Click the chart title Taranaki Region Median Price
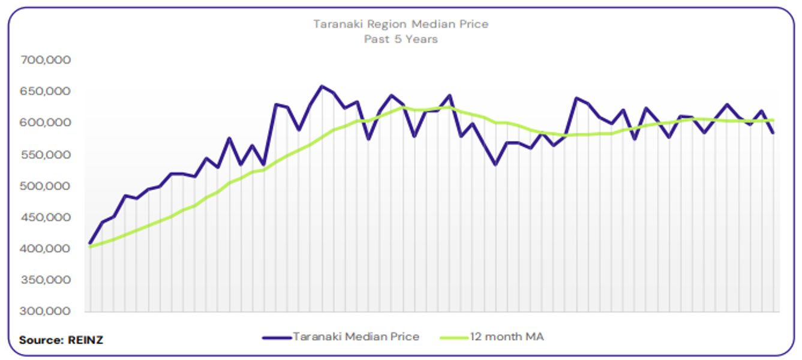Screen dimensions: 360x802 [401, 25]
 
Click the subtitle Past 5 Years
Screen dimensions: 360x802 [401, 40]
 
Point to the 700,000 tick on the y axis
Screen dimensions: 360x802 [46, 60]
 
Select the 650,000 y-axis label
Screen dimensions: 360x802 [46, 91]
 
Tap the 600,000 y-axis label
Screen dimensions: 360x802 [46, 122]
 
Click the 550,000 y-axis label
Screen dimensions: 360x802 [46, 154]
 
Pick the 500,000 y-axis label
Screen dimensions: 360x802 [46, 186]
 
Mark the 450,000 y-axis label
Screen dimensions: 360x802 [46, 217]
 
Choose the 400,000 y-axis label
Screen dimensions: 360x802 [46, 248]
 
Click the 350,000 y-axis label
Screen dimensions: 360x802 [46, 280]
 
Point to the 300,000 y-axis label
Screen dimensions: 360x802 [46, 311]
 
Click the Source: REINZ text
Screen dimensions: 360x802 [61, 340]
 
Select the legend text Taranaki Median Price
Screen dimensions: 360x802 [356, 337]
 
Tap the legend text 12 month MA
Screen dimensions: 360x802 [506, 337]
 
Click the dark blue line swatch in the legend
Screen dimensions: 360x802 [277, 337]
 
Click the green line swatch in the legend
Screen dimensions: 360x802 [453, 337]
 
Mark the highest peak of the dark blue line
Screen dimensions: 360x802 [322, 86]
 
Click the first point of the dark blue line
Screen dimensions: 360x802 [90, 244]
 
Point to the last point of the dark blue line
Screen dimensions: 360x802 [773, 133]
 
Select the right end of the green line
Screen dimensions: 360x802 [773, 120]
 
